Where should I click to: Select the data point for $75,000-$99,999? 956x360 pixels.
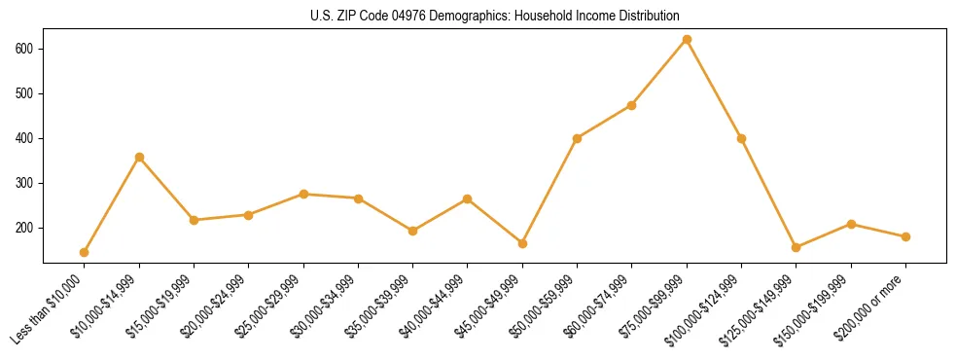(687, 40)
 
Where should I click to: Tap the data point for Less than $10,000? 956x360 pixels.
(85, 252)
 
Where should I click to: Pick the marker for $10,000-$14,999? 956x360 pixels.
(139, 157)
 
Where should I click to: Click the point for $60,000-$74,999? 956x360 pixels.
(632, 105)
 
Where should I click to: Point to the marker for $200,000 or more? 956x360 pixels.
(905, 236)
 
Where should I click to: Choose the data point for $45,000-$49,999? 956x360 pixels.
(522, 243)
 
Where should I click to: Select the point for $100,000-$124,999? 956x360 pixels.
(741, 138)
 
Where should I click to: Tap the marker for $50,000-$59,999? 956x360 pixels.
(578, 138)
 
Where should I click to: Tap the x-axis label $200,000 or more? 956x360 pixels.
(872, 308)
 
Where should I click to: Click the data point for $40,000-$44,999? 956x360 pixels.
(468, 198)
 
